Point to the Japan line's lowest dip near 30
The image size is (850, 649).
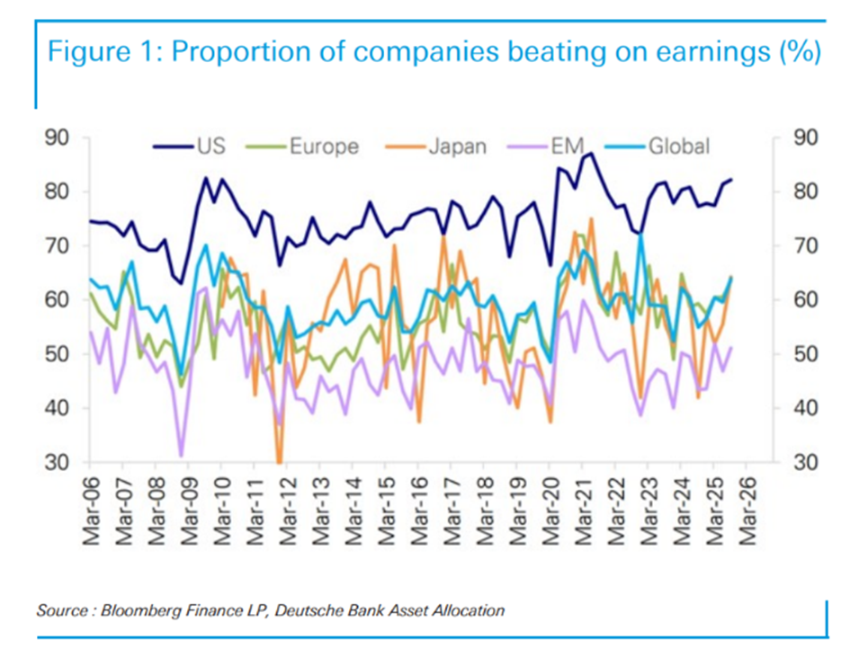[279, 460]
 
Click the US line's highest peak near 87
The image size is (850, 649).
[591, 154]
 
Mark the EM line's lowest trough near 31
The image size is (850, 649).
[181, 456]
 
